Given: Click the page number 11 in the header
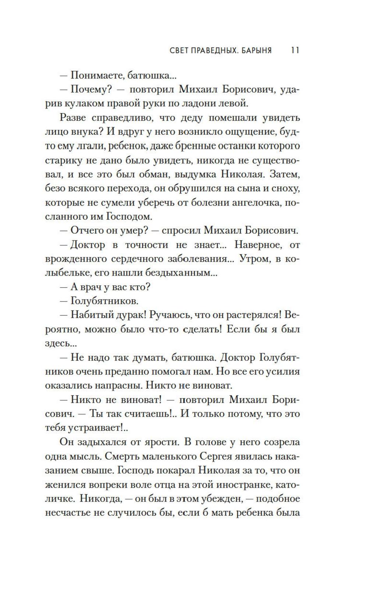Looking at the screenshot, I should pyautogui.click(x=295, y=50).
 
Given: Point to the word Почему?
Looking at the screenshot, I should pyautogui.click(x=88, y=89).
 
